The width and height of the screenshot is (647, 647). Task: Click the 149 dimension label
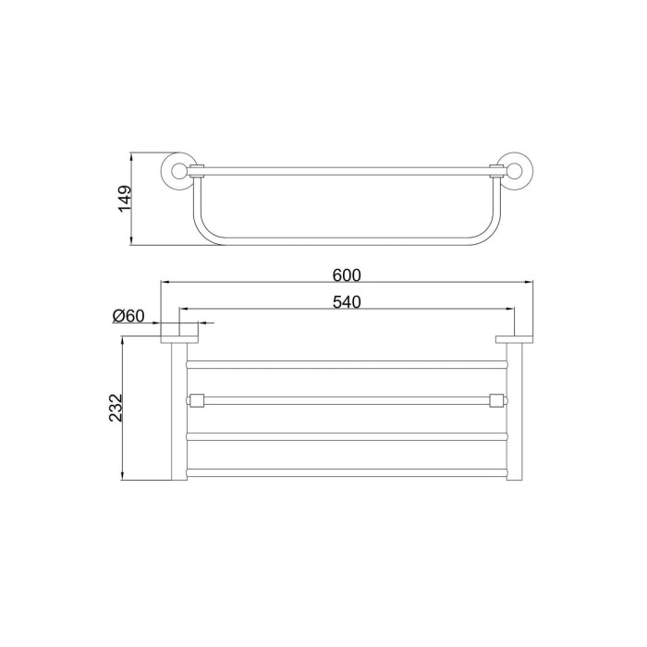click(x=126, y=199)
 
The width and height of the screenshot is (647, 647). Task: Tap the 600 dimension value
click(x=347, y=275)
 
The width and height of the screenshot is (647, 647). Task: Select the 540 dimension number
click(x=347, y=302)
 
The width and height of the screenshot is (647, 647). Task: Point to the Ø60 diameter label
click(x=128, y=316)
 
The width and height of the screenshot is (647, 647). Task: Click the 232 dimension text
click(x=116, y=408)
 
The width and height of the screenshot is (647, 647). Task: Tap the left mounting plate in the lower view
click(x=179, y=339)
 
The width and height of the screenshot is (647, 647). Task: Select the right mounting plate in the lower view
click(x=514, y=339)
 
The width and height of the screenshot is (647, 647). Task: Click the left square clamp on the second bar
click(x=196, y=400)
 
